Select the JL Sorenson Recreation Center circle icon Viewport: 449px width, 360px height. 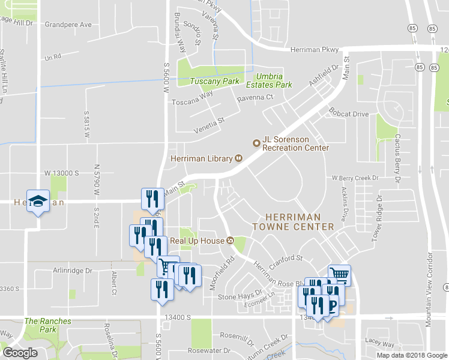pos(256,143)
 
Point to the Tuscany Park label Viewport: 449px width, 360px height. pos(214,82)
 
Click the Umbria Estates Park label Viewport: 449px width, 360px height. pos(274,80)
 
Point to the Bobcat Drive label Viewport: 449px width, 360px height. pos(349,113)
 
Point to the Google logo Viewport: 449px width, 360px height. pos(20,353)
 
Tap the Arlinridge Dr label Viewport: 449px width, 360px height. pos(71,271)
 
